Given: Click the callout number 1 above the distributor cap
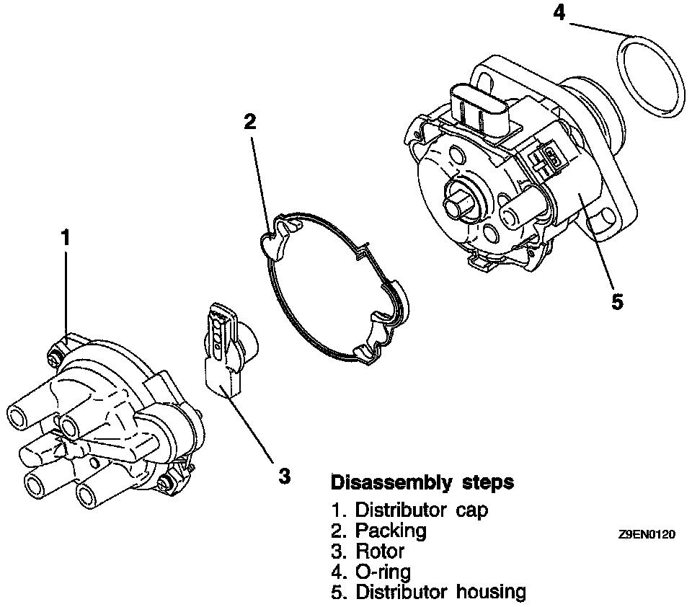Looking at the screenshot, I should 66,237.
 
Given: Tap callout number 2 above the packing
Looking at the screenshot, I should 249,121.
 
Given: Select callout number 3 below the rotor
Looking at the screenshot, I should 285,475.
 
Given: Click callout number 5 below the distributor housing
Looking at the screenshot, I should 617,301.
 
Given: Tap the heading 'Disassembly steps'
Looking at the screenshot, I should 422,482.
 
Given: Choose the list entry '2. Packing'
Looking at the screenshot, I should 378,531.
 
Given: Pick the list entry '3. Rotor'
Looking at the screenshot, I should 368,551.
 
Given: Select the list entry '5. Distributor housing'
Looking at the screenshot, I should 428,593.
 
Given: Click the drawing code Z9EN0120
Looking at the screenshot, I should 647,535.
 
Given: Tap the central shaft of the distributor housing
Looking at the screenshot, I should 458,203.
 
